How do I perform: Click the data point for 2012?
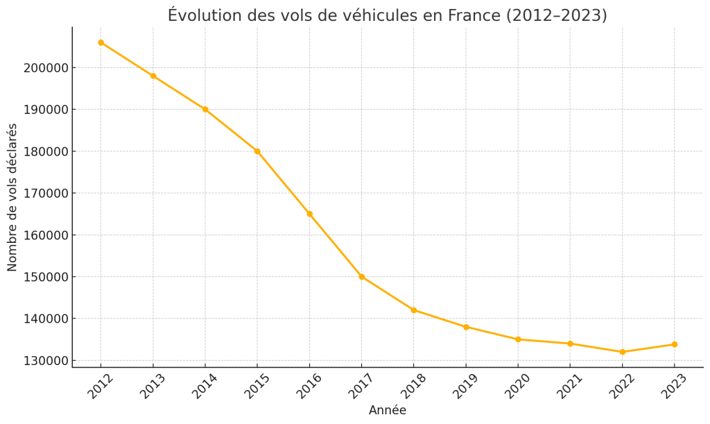tap(101, 42)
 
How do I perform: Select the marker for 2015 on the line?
tap(257, 151)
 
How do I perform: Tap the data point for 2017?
tap(361, 277)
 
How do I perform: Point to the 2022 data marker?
tap(622, 352)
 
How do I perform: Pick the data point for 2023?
tap(674, 344)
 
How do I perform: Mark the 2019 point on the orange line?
tap(466, 327)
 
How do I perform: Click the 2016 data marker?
tap(309, 214)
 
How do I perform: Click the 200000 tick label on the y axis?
tap(45, 68)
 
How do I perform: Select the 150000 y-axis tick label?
tap(45, 277)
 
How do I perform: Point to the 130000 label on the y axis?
tap(45, 361)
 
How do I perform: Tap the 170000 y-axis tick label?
tap(45, 194)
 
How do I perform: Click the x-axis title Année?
tap(388, 411)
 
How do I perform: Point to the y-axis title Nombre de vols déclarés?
tap(12, 197)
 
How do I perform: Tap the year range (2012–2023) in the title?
tap(556, 15)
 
